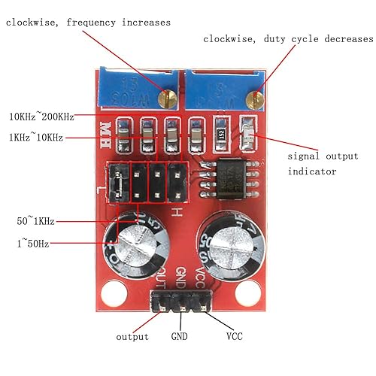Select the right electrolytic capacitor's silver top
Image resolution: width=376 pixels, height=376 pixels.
(232, 241)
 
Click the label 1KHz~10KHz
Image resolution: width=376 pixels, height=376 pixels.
(35, 137)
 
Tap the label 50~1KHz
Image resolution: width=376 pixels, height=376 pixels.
(35, 221)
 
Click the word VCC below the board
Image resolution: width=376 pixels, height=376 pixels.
(234, 336)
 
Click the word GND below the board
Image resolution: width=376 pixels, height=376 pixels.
(179, 336)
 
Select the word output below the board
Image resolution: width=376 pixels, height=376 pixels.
(132, 336)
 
